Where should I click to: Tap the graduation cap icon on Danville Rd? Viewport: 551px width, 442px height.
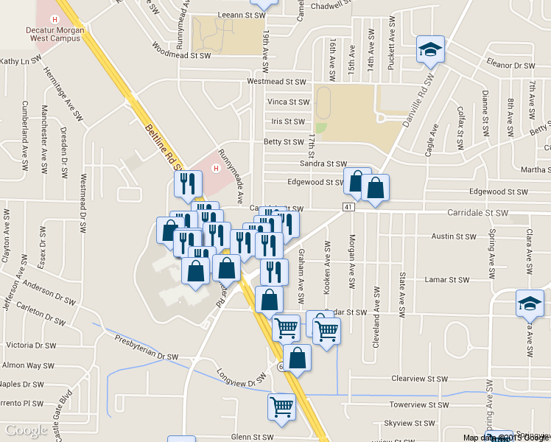pos(429,50)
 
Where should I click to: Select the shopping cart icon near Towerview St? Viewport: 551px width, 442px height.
pos(281,406)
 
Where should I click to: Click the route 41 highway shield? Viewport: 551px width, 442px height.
pos(348,207)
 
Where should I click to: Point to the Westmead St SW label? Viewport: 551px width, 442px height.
pos(276,82)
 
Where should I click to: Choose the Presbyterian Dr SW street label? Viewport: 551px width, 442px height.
pos(147,348)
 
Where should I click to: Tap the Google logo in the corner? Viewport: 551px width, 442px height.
pos(26,430)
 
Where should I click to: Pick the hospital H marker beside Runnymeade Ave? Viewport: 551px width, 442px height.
pos(216,167)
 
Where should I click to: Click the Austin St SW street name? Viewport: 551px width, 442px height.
pos(455,236)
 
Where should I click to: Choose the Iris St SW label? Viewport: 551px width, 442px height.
pos(288,122)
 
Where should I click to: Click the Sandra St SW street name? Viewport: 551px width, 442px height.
pos(323,164)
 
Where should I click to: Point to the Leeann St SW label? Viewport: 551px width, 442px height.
pos(241,15)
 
